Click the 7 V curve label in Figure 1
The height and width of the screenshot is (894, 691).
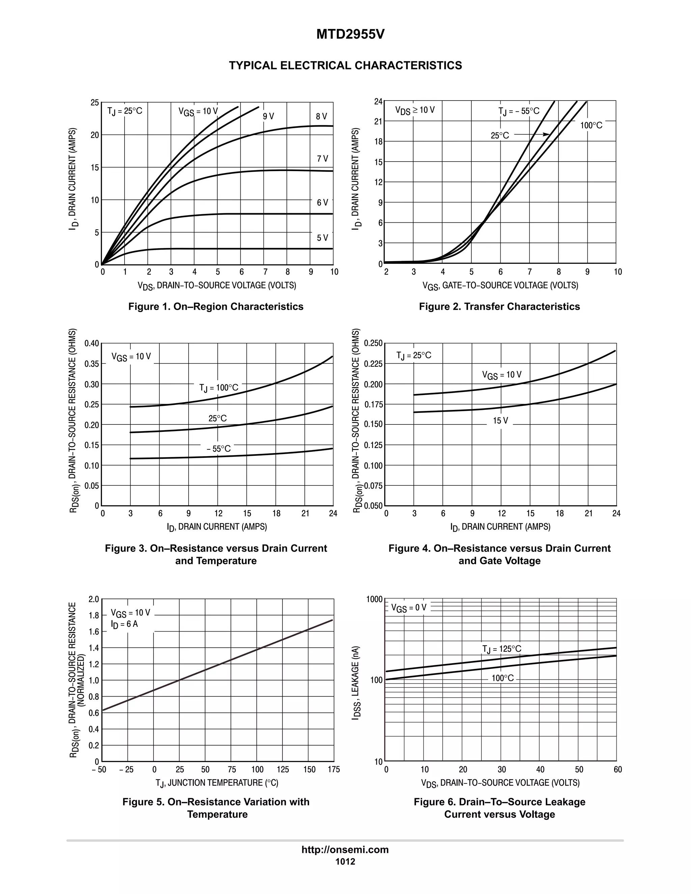[322, 159]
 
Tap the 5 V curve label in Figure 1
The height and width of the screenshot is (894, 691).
[322, 238]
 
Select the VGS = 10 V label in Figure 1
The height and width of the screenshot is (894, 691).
[198, 111]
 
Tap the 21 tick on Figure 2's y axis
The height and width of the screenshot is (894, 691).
[378, 121]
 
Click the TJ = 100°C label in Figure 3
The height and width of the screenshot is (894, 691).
[219, 388]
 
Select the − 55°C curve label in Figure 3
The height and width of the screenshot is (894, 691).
[218, 449]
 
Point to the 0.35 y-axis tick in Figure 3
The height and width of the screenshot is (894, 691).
[92, 364]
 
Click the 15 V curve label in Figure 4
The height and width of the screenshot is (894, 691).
[500, 421]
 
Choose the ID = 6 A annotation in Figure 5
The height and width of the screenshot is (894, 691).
[125, 624]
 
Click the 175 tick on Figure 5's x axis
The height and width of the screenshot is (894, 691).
[334, 770]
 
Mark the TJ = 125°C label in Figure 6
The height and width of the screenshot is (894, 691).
[501, 649]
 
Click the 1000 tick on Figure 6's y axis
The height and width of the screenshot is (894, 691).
[374, 600]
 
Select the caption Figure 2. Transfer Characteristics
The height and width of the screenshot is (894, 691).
[499, 307]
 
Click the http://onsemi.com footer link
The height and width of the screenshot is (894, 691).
[345, 850]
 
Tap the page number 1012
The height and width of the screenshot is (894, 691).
[345, 862]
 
